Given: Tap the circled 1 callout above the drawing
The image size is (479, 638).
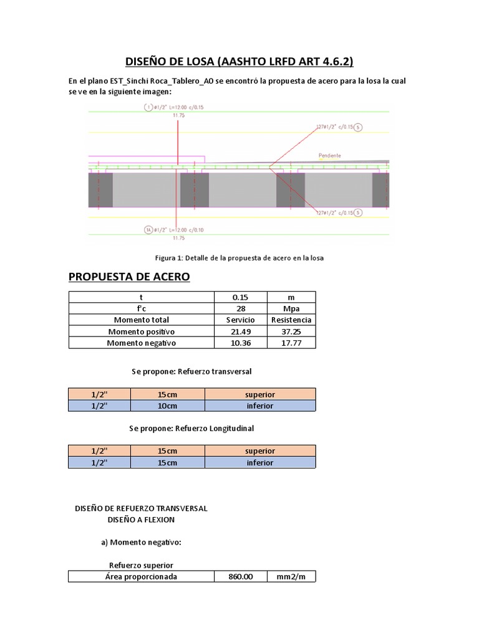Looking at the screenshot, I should (148, 107).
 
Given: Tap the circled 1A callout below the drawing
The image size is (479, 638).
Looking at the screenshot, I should (148, 229).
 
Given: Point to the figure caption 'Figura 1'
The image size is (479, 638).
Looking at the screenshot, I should (239, 257).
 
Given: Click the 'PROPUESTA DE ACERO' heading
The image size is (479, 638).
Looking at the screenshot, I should (128, 277).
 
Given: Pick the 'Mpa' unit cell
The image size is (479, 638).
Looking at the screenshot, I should (290, 308).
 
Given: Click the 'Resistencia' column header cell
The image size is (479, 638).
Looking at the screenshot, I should (290, 320).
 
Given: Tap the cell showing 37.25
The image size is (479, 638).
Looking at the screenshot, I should (290, 331).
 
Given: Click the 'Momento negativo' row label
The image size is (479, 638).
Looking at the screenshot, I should (142, 343).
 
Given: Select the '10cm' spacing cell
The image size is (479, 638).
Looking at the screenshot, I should (167, 406).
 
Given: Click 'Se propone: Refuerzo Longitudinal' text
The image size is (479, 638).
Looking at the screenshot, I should (191, 429).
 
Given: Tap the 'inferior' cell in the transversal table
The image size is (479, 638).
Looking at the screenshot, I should (259, 406).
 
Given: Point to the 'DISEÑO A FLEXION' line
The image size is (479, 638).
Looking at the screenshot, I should (142, 520).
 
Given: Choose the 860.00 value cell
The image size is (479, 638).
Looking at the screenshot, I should (241, 576).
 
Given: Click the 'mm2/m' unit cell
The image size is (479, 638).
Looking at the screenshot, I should (291, 576).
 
